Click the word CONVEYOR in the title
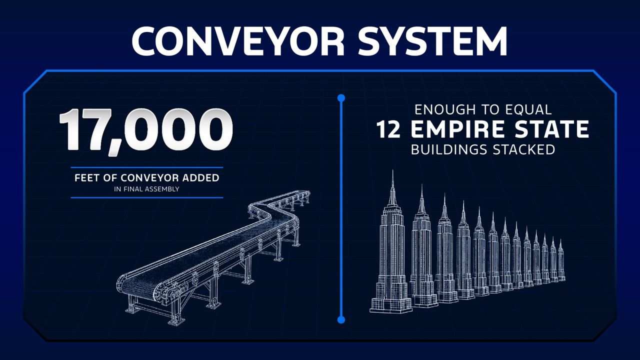pos(237,41)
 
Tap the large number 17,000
pos(145,131)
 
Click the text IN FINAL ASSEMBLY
pos(146,189)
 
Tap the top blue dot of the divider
pos(341,98)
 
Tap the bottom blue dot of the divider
pos(341,319)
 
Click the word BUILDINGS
pos(449,149)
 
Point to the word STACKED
pos(524,149)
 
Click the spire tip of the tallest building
pos(392,170)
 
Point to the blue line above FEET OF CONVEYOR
pos(146,167)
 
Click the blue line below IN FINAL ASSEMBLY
pos(146,197)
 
